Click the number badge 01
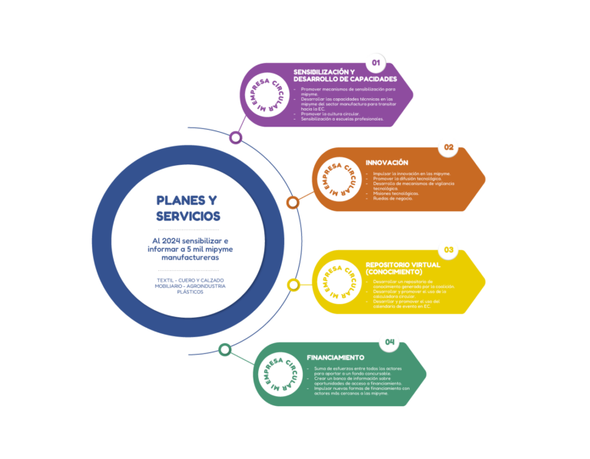376,62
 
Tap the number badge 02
448,147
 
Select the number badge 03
448,249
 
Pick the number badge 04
389,342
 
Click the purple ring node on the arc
236,138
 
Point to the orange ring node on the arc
293,203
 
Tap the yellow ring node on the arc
293,285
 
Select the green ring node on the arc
224,350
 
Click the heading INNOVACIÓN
386,163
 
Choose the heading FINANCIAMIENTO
335,358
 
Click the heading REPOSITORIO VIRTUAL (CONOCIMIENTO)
403,268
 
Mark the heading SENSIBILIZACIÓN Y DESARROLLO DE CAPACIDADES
345,75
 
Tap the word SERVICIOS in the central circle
188,216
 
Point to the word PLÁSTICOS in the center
189,292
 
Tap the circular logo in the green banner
281,374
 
